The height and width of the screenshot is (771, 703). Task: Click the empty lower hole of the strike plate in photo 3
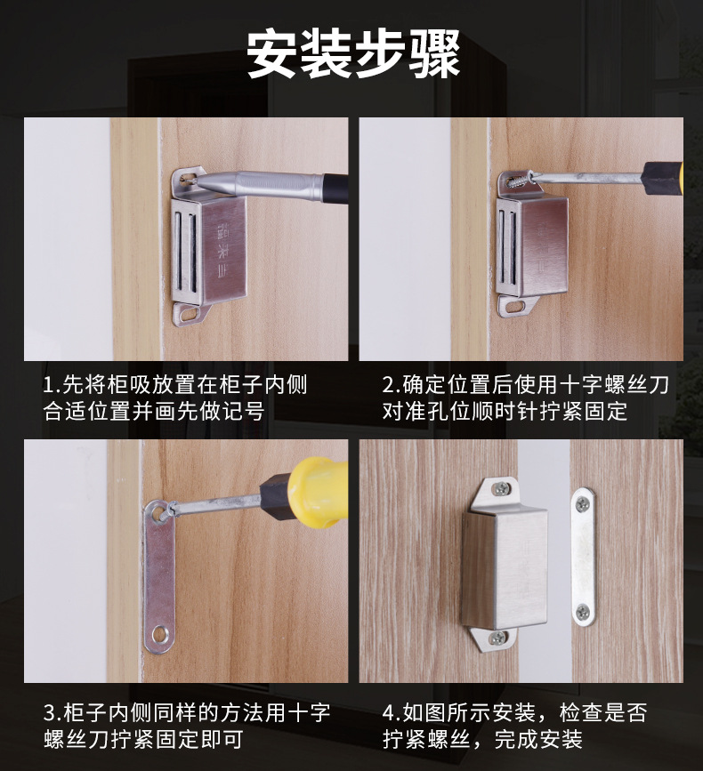click(x=159, y=633)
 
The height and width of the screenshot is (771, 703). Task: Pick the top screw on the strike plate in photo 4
click(x=582, y=504)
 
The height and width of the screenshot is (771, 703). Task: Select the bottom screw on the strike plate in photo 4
click(x=582, y=612)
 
